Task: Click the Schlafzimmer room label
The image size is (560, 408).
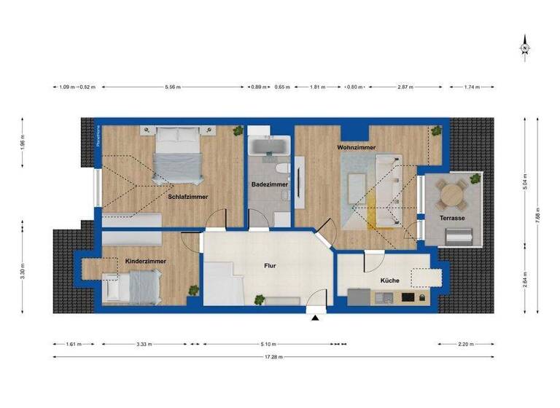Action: tap(188, 197)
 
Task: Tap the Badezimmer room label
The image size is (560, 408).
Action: tap(271, 184)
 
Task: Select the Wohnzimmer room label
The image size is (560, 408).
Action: tap(356, 147)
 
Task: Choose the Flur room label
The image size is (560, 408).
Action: tap(269, 266)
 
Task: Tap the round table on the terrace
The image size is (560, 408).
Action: tap(454, 193)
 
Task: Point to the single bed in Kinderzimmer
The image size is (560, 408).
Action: tap(132, 286)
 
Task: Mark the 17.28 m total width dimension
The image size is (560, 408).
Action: tap(273, 357)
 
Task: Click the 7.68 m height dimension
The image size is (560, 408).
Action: tap(537, 216)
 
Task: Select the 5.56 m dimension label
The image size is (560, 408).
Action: tap(173, 87)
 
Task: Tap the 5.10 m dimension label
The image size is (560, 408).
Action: tap(269, 344)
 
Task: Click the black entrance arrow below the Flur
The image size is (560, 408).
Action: tap(315, 318)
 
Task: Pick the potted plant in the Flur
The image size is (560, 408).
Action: tap(257, 299)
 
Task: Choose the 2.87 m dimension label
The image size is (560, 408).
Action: tap(405, 87)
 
